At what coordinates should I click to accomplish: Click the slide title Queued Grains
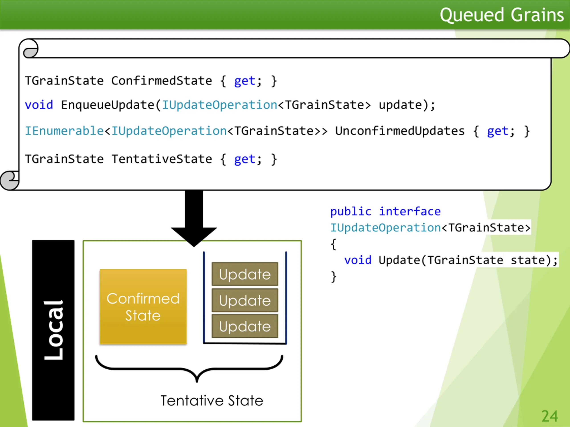(501, 15)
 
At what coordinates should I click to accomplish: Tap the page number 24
(550, 416)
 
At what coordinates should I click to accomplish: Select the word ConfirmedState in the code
(162, 81)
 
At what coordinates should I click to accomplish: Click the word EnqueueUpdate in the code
(108, 105)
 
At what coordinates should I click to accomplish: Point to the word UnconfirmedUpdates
(400, 131)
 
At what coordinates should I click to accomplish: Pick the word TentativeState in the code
(162, 159)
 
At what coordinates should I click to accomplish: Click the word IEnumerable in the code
(64, 131)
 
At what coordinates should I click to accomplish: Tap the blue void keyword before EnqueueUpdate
(39, 105)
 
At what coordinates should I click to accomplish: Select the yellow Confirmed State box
(143, 306)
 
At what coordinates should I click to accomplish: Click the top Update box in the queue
(245, 274)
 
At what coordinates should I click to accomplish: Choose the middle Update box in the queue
(245, 300)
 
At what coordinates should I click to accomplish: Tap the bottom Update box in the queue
(245, 326)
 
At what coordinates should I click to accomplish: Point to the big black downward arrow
(194, 219)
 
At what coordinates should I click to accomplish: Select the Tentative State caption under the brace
(212, 401)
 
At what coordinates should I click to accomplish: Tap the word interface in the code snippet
(410, 211)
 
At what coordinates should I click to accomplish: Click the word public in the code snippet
(351, 211)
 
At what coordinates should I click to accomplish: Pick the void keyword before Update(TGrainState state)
(358, 260)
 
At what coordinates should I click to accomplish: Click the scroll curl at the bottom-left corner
(10, 180)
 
